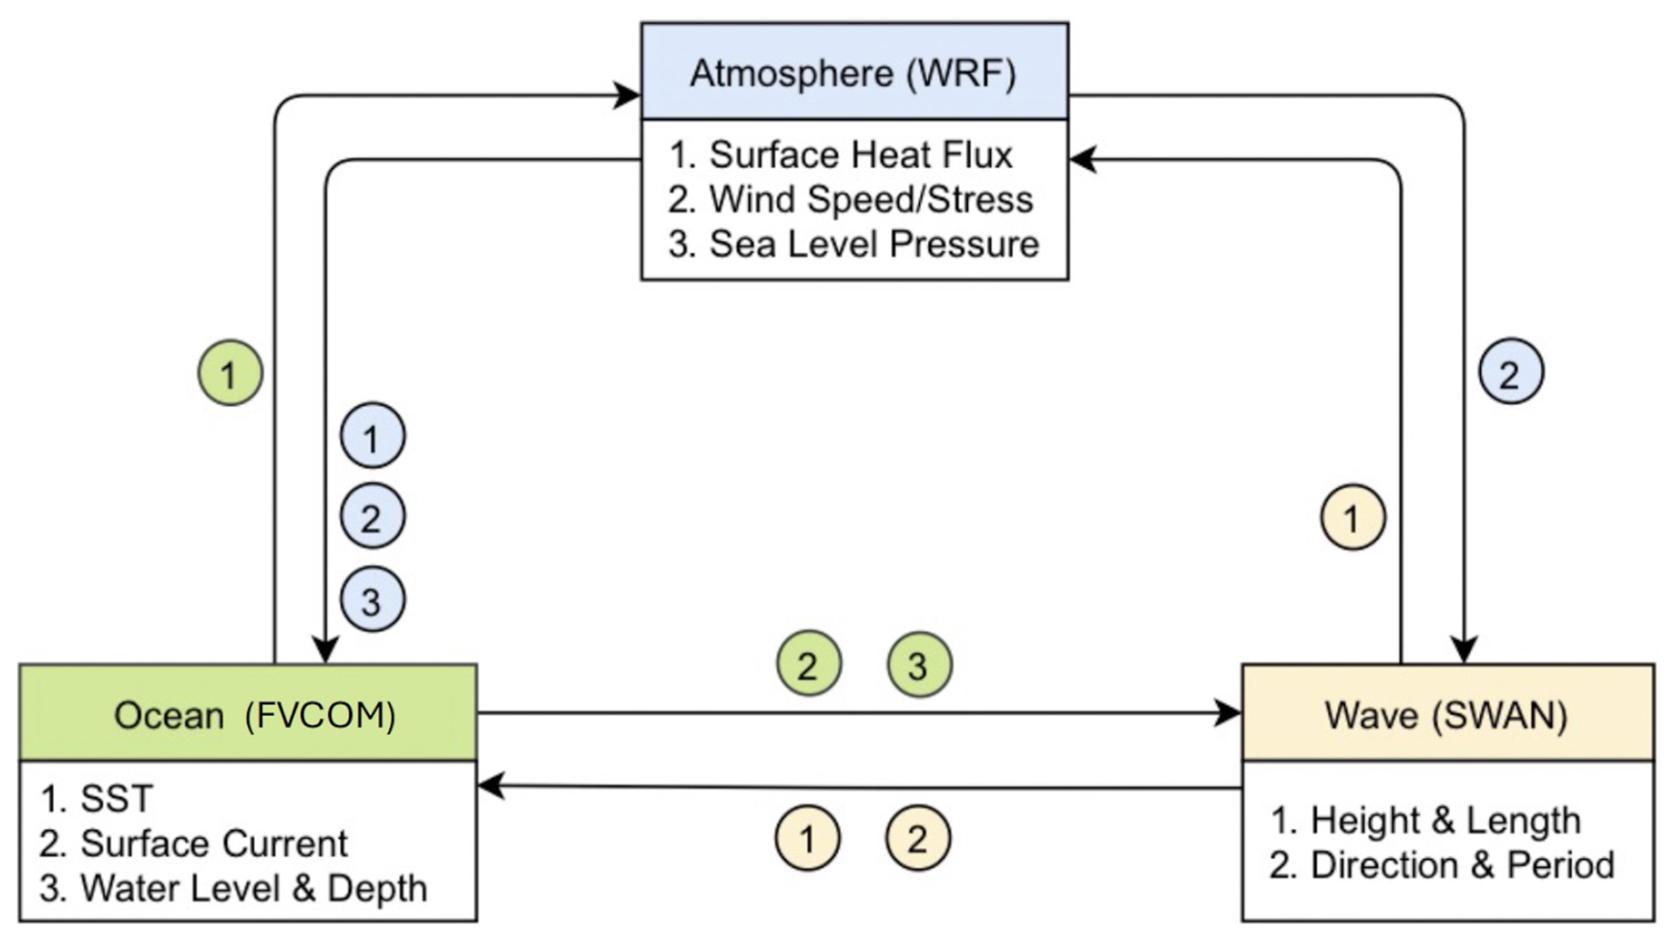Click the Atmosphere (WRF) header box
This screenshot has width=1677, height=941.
(854, 72)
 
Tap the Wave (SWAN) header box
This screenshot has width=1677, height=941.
(1447, 714)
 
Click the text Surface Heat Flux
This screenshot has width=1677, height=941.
(860, 155)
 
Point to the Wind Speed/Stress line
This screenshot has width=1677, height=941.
(870, 200)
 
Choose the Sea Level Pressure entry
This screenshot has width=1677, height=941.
(873, 244)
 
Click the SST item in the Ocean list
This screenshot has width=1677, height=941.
(116, 798)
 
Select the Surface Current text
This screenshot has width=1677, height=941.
(214, 843)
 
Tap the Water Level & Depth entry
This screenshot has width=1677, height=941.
(253, 889)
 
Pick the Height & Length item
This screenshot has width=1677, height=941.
(1445, 820)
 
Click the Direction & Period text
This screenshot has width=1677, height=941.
(1462, 866)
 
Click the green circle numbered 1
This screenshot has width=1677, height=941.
(230, 373)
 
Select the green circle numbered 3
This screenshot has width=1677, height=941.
(919, 664)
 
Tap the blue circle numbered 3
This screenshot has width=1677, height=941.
(372, 600)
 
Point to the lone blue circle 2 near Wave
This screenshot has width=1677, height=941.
(1510, 372)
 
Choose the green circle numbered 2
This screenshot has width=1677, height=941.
(808, 664)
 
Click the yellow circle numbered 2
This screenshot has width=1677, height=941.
(917, 838)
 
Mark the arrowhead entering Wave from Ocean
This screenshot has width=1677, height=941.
(1229, 712)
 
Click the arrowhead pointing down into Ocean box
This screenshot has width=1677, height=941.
(326, 650)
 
